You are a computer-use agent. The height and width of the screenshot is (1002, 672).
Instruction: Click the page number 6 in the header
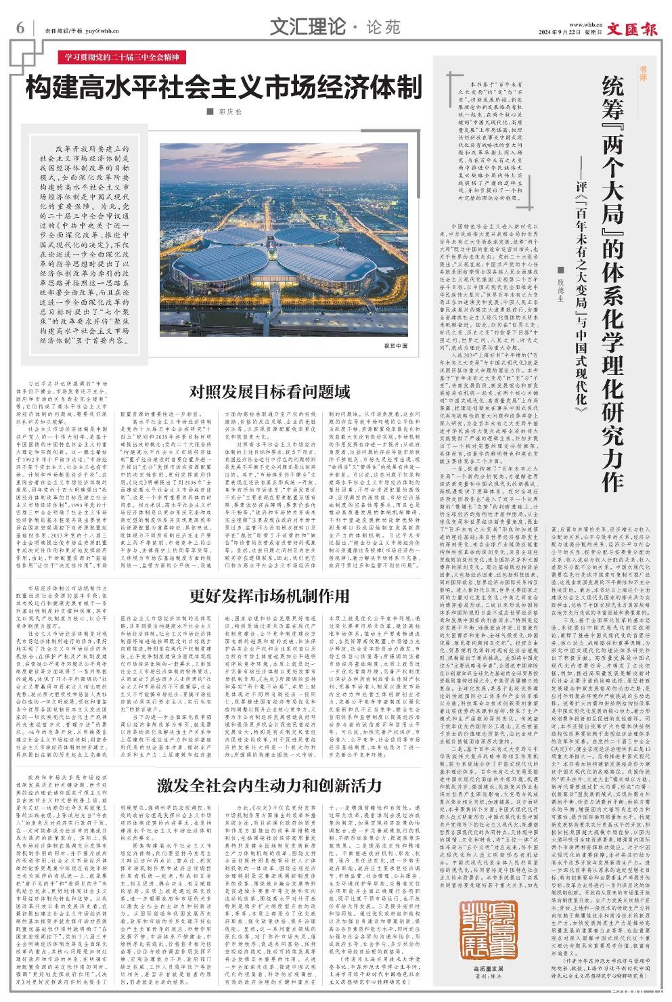pos(20,28)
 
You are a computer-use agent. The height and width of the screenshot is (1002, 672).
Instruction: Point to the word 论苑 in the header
pos(384,27)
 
